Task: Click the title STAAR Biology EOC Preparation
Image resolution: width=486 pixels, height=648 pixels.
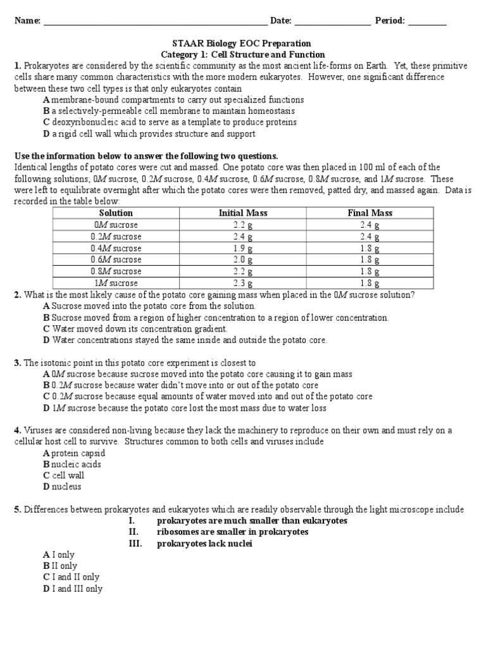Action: (242, 44)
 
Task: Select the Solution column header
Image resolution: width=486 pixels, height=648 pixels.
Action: (116, 213)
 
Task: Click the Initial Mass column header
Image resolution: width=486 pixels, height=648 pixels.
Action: (243, 213)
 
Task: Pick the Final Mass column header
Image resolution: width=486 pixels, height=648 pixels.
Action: (370, 213)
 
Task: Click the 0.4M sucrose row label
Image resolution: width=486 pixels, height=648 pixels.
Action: (116, 249)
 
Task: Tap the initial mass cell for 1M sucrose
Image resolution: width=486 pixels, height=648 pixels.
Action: (243, 283)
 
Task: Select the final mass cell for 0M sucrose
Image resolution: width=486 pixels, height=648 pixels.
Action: (370, 225)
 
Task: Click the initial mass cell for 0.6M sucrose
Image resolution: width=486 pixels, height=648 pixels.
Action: (243, 260)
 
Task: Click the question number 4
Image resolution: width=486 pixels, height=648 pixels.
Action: (17, 431)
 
